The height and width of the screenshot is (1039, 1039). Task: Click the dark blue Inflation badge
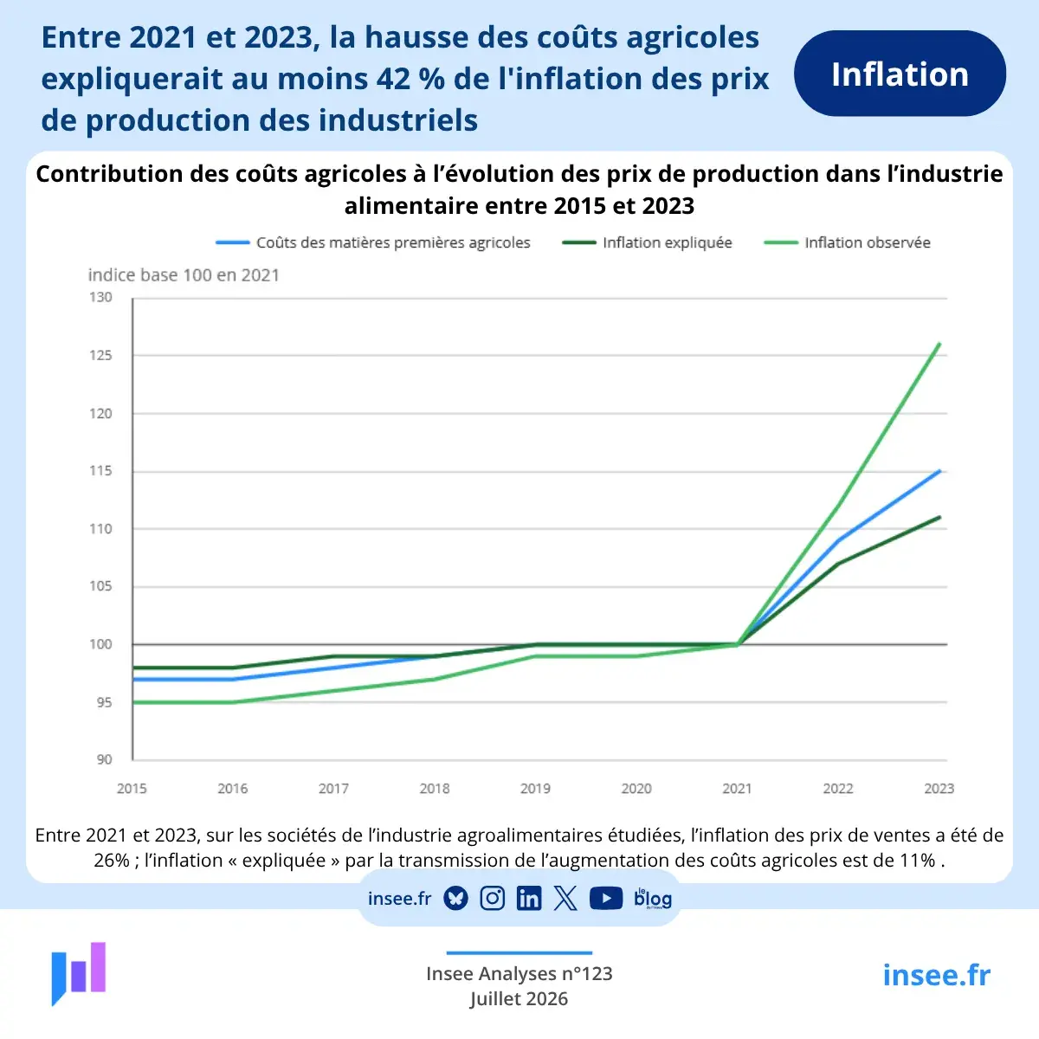900,74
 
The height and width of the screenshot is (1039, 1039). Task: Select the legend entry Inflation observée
847,242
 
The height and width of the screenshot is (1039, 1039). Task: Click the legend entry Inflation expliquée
647,242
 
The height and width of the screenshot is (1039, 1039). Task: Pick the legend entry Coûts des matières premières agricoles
372,242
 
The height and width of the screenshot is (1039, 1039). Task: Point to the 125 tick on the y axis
100,355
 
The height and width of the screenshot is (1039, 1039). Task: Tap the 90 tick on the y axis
105,759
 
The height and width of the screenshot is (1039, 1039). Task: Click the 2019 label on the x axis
535,788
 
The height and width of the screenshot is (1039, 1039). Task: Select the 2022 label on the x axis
838,788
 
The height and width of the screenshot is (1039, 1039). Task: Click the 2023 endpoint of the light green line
939,344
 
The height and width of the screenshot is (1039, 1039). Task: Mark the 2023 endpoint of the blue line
939,471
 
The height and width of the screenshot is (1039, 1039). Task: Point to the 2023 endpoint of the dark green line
939,518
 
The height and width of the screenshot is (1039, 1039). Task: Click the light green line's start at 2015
133,702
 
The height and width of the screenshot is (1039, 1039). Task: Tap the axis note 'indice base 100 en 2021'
184,275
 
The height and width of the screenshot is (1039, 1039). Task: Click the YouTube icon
606,898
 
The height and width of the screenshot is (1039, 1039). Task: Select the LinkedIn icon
529,898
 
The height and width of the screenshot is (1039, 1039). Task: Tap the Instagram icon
493,898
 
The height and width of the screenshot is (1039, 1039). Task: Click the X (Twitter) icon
565,898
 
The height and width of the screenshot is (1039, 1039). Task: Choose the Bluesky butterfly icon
455,898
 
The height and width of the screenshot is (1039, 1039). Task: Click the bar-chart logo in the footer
79,974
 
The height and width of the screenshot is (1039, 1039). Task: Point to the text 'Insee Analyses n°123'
519,974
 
